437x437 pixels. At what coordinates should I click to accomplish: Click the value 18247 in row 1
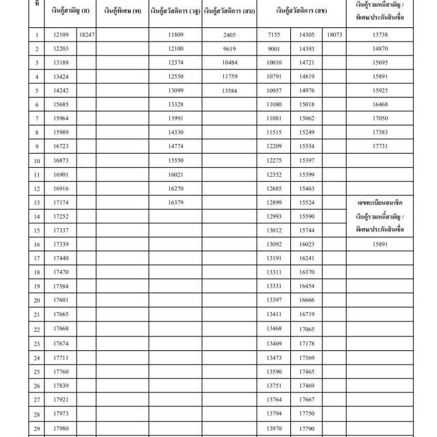point(86,33)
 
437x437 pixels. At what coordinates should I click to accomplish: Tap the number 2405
point(229,33)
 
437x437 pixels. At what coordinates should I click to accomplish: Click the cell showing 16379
point(176,203)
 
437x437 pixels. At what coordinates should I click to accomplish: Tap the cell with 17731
point(380,146)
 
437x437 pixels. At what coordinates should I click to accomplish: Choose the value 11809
point(176,33)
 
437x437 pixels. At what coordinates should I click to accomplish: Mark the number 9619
point(229,48)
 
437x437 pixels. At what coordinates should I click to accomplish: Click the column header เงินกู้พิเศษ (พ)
point(123,11)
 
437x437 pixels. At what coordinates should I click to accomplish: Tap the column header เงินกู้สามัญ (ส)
point(70,11)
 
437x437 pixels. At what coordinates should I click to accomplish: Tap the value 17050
point(380,118)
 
